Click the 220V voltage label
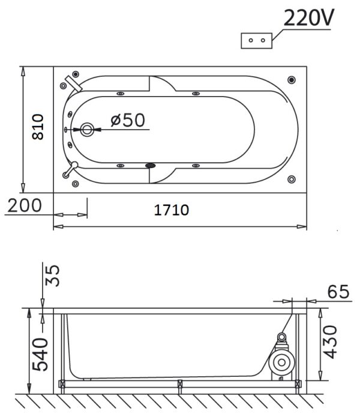coord(308,18)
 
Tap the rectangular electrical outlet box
coord(256,41)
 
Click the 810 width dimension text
coord(38,127)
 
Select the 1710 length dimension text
coord(172,210)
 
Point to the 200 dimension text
coord(25,206)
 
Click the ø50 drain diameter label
coord(128,120)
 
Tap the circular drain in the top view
coord(87,130)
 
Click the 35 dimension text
coord(52,275)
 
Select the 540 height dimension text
coord(40,354)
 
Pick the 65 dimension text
coord(338,292)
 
